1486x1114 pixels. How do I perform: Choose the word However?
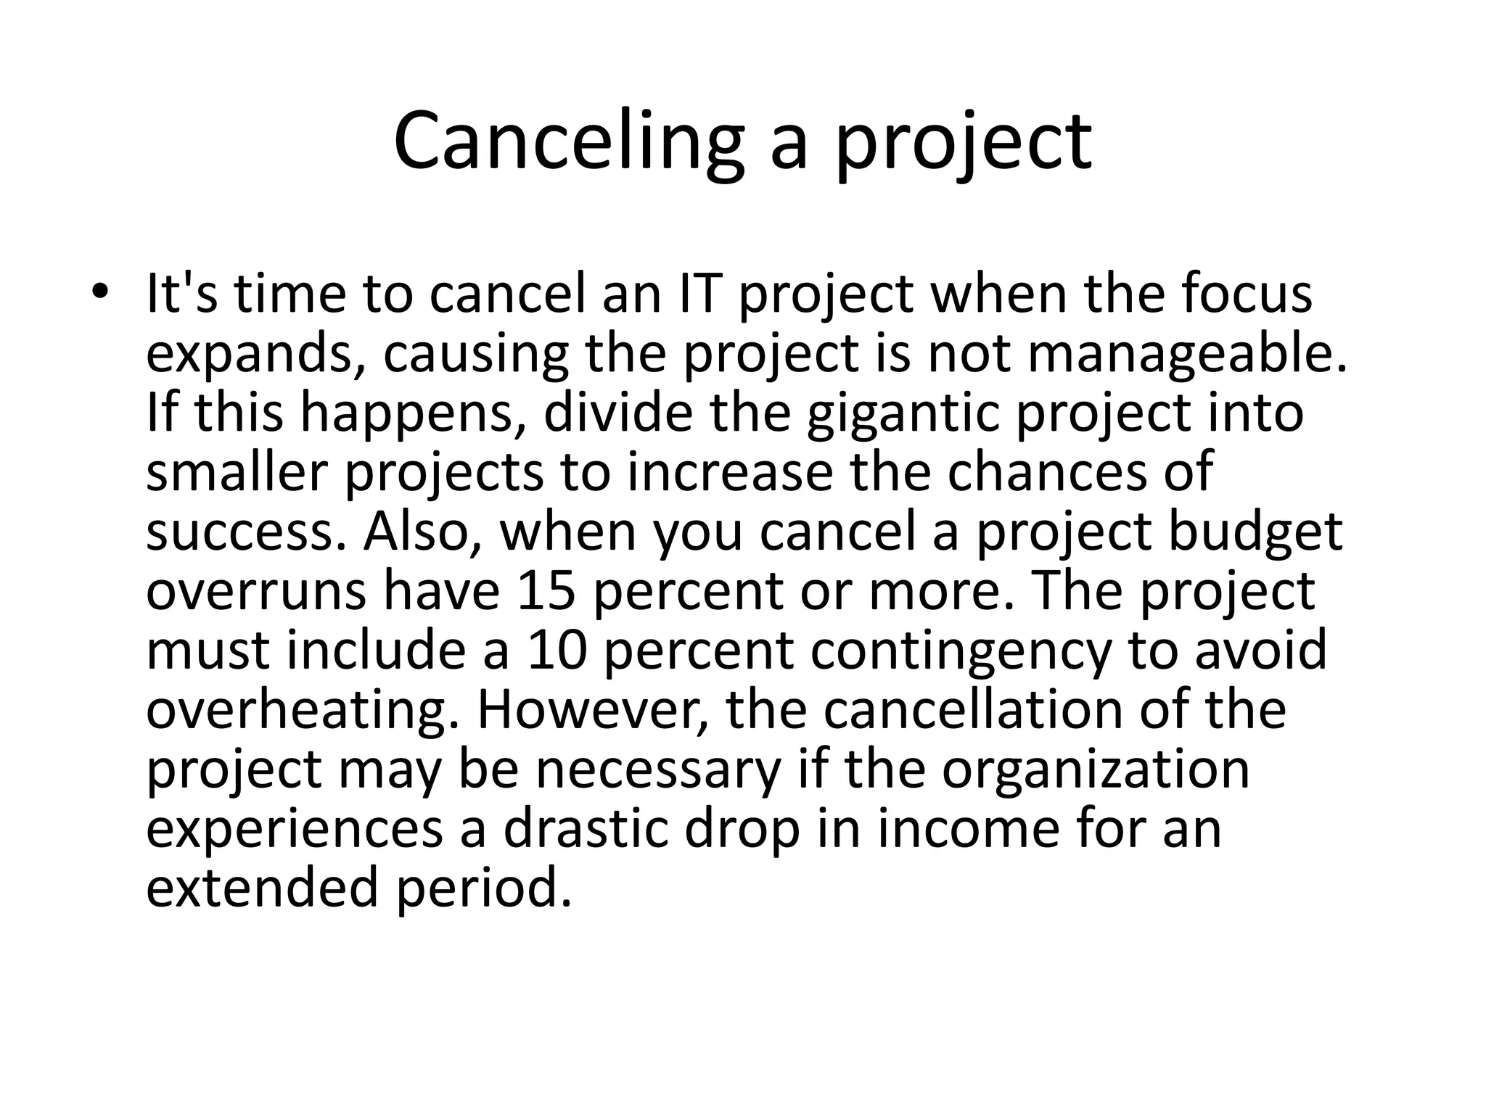pos(591,710)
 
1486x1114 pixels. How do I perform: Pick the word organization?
pos(1096,770)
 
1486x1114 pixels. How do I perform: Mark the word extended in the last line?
pos(262,888)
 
